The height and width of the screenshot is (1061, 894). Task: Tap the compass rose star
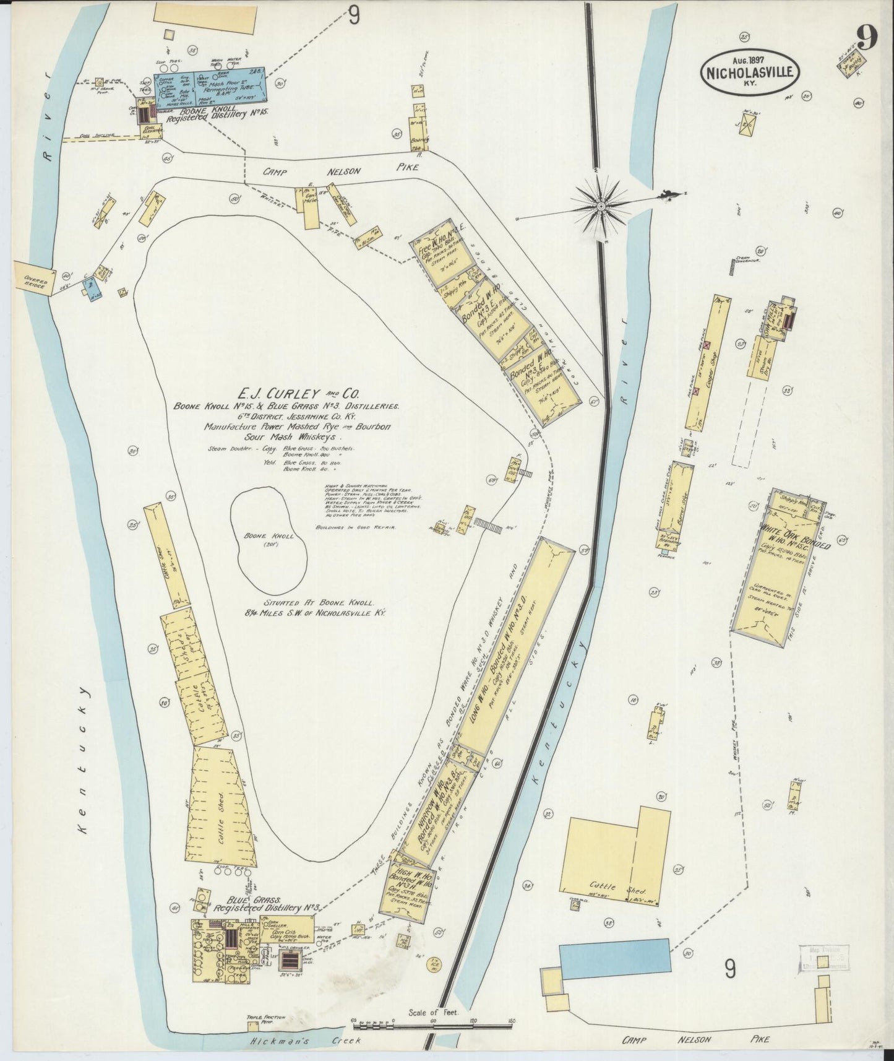(x=601, y=205)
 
